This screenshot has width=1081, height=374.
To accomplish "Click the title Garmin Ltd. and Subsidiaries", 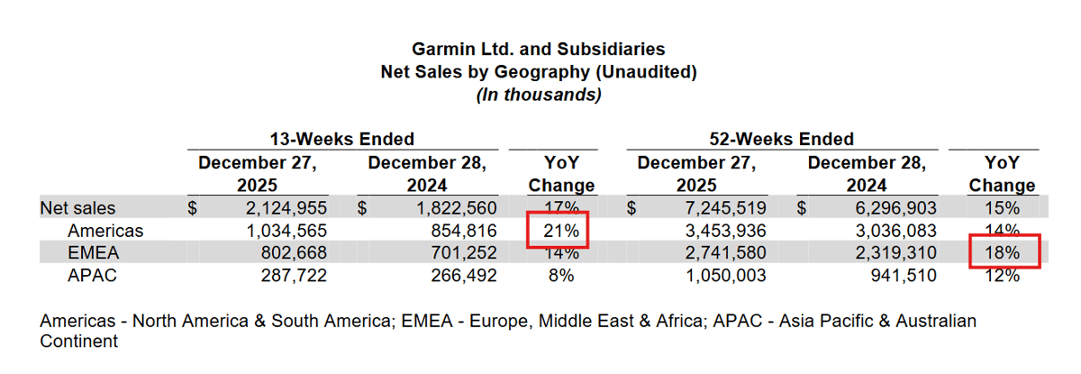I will click(x=539, y=49).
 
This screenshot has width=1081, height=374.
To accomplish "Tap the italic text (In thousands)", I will click(x=539, y=94).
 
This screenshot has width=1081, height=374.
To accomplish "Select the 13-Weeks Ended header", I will click(x=342, y=139).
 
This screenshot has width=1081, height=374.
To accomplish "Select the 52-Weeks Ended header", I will click(x=782, y=139).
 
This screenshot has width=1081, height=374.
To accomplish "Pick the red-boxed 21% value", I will click(x=559, y=232).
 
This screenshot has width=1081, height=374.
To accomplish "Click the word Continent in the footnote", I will click(x=78, y=342).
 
